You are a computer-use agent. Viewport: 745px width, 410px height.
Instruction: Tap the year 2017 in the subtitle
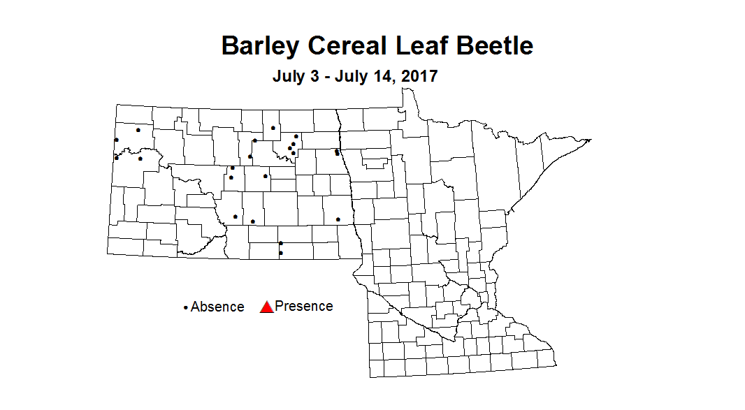(418, 76)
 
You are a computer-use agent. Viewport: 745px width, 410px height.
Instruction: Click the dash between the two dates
(326, 77)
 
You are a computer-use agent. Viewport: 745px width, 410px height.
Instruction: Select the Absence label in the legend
(217, 307)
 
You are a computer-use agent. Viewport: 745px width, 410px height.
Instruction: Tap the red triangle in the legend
(266, 307)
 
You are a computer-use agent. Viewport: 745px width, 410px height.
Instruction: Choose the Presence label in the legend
(304, 306)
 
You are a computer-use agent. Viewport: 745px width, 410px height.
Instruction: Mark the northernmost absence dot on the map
(273, 128)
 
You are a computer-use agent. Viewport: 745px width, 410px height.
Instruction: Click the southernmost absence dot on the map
(281, 253)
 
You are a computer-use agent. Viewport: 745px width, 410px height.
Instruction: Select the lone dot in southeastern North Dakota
(338, 219)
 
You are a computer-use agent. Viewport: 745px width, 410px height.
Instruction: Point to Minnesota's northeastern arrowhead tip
(591, 140)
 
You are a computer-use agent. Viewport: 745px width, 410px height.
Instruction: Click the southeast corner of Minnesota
(556, 365)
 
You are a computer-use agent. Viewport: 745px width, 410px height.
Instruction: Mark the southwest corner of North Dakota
(108, 254)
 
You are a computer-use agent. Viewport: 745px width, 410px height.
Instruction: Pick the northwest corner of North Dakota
(116, 105)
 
